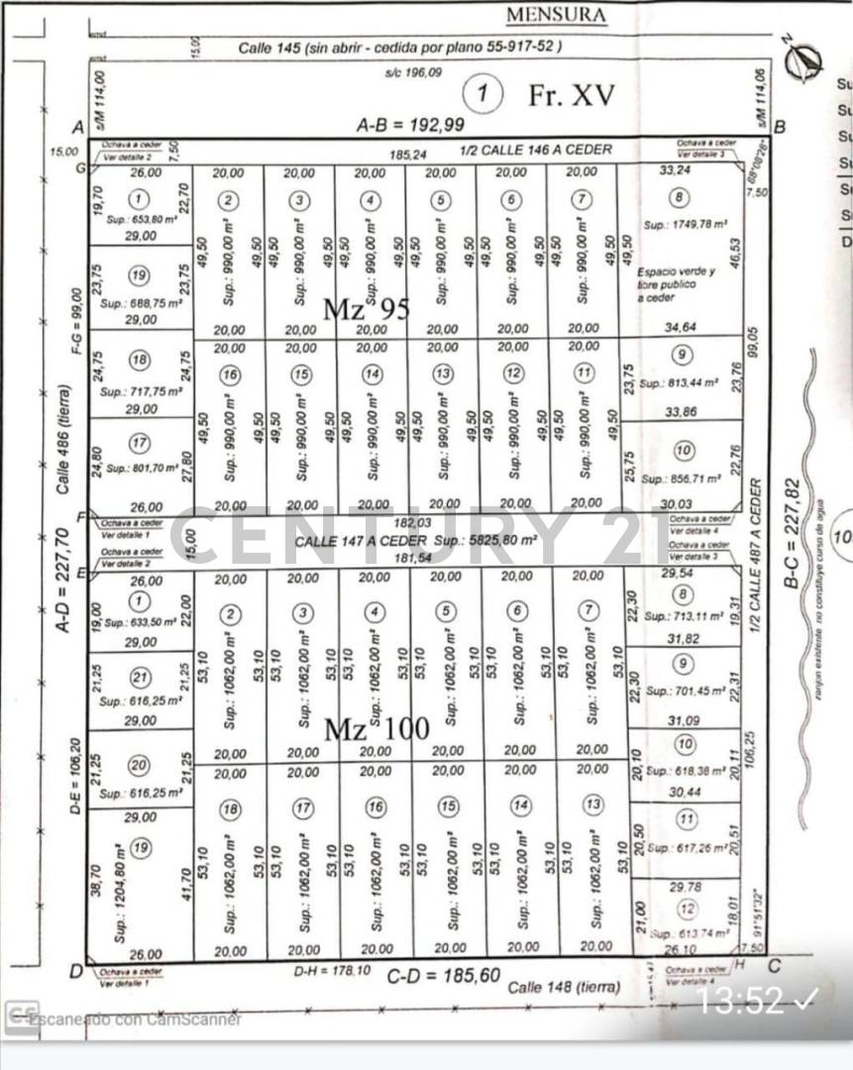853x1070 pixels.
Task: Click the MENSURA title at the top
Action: coord(556,16)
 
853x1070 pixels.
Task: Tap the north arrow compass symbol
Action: coord(802,61)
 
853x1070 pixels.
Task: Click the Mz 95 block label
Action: coord(367,309)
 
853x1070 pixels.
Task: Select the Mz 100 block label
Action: coord(377,730)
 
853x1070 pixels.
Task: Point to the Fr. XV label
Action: coord(572,95)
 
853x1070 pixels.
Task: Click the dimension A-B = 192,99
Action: coord(410,125)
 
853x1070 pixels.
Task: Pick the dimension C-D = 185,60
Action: coord(443,976)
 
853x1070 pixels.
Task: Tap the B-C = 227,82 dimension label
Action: coord(791,534)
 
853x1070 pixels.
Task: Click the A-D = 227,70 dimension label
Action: coord(61,580)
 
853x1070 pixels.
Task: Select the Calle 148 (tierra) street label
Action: coord(564,987)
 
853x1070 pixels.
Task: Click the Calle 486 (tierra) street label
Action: coord(63,439)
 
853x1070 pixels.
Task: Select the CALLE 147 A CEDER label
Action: coord(362,541)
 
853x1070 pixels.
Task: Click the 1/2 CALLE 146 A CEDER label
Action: coord(536,150)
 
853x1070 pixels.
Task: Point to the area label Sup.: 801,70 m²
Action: coord(141,467)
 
